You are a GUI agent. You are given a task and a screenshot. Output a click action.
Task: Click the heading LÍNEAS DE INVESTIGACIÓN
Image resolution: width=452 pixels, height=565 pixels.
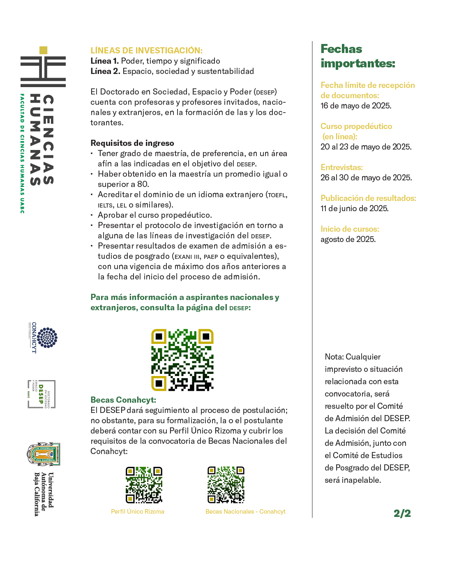146,51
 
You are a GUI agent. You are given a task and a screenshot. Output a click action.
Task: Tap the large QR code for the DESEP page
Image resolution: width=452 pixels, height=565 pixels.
182,360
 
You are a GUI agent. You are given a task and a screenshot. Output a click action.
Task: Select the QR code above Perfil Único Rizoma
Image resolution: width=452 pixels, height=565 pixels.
144,485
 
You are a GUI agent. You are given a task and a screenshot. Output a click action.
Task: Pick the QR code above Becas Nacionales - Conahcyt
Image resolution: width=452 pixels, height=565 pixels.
226,485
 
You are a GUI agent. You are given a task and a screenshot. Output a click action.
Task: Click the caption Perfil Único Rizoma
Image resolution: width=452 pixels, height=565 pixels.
138,512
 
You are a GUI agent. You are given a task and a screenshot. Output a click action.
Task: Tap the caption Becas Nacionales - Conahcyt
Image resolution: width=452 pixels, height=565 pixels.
245,512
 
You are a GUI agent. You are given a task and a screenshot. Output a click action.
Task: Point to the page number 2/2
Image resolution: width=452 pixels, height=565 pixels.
402,513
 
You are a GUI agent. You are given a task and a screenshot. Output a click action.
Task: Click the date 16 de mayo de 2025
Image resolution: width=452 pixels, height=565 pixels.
356,106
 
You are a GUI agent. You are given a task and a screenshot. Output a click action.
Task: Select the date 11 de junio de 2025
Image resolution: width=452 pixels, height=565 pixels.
354,208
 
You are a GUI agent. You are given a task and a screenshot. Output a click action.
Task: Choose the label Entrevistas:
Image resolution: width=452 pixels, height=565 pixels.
341,167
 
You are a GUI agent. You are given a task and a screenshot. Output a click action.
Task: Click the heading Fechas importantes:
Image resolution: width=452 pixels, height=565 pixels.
357,56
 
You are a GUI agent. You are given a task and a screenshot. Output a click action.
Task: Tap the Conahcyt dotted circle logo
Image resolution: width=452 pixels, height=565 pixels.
47,338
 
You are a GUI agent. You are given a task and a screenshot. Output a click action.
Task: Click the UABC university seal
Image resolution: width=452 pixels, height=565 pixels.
44,454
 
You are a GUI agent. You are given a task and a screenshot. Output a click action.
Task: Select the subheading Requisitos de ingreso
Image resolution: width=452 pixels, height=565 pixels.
132,143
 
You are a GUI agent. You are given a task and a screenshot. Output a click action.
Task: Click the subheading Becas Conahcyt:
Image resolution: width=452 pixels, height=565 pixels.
123,400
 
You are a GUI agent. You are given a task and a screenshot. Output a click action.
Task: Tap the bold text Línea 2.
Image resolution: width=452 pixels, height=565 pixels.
105,71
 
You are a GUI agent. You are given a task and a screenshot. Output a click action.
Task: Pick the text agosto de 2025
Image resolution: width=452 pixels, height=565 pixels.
348,239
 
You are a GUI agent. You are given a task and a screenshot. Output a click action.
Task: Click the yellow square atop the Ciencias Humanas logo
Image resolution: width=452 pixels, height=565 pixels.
43,50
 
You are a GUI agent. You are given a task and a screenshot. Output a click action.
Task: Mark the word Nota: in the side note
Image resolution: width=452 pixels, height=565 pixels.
334,357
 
